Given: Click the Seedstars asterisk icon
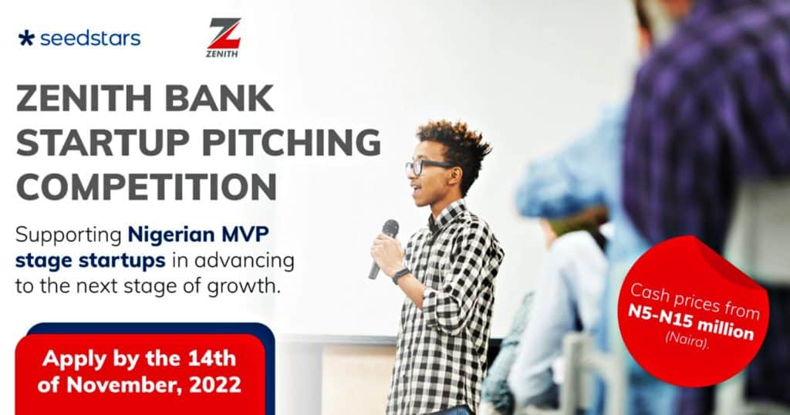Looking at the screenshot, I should [26, 38].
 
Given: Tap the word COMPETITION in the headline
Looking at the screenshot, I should [146, 187].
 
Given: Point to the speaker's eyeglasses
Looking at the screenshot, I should [423, 166].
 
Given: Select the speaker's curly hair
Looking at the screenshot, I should [451, 139].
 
